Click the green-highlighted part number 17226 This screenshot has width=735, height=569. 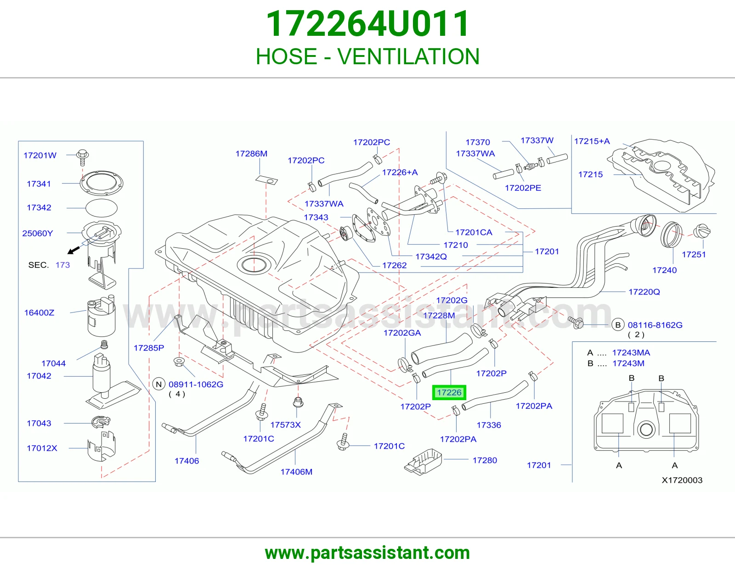tap(449, 393)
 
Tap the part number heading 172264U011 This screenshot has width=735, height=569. tap(367, 24)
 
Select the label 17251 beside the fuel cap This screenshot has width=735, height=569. tap(694, 254)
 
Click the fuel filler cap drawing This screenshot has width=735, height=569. tap(702, 231)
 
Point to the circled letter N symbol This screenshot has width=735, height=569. tap(158, 384)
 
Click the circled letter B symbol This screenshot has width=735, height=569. tap(618, 325)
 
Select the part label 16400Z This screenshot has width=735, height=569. tap(39, 313)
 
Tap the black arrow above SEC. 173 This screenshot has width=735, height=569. tap(74, 250)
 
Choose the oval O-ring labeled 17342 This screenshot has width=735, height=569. tap(102, 208)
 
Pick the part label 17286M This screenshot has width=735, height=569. tap(251, 154)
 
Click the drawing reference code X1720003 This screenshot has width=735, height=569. tap(682, 480)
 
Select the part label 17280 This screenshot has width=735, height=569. tap(485, 460)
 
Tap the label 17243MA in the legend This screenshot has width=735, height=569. tap(631, 353)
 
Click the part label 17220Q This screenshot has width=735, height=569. tap(644, 292)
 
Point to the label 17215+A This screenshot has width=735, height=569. tap(592, 141)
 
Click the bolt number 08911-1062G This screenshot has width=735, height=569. tap(196, 385)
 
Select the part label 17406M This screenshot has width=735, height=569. tap(296, 472)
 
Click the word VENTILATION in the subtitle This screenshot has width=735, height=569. tap(408, 56)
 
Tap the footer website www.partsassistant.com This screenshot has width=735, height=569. tap(367, 553)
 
